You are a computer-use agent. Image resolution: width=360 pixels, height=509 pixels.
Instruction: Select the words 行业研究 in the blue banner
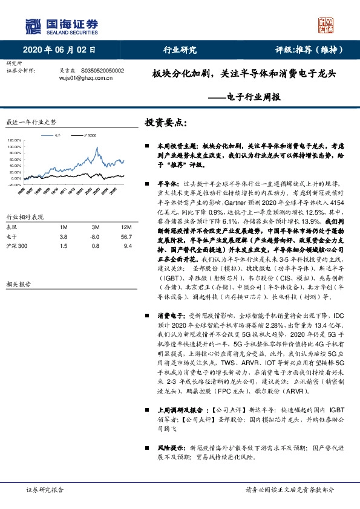coord(180,51)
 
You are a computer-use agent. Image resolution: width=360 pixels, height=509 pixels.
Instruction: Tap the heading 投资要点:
coord(166,123)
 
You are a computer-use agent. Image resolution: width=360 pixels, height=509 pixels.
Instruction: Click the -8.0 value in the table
coord(94,237)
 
